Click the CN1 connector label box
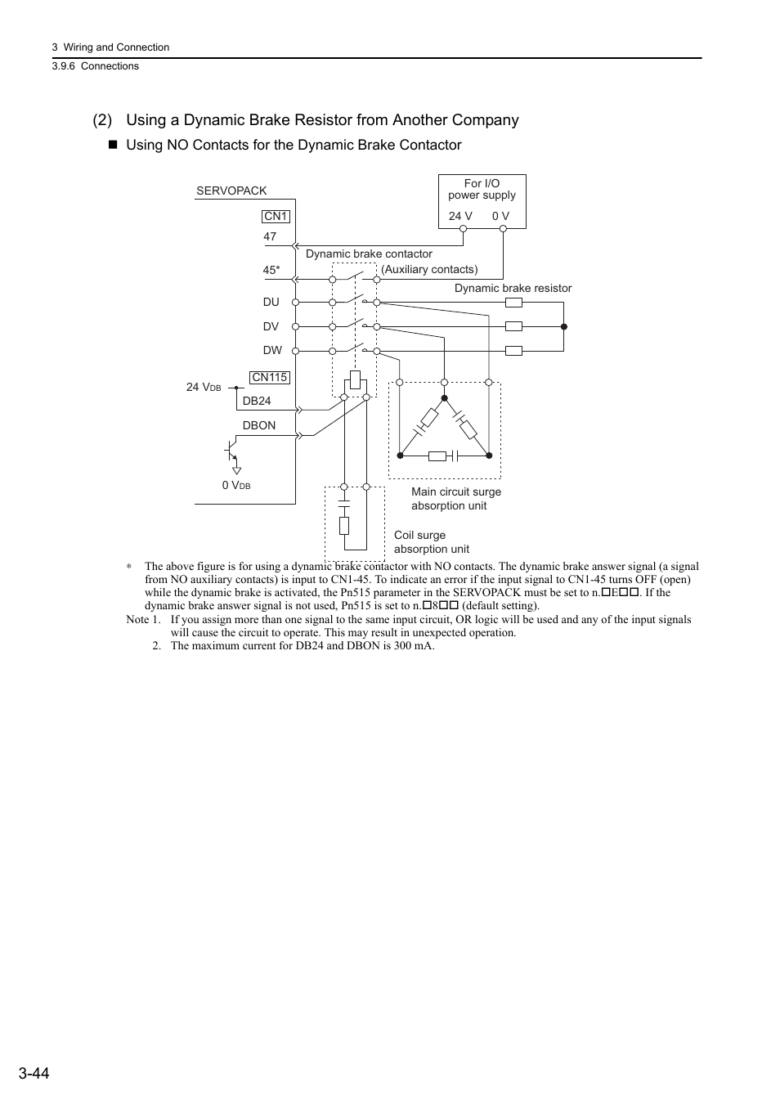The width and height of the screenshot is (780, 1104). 276,216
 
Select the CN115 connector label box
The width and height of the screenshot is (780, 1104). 270,377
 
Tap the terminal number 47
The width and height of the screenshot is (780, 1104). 270,236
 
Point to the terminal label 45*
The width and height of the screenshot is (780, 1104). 271,270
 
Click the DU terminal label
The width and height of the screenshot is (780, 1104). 271,302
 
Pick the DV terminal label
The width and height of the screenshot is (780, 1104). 271,326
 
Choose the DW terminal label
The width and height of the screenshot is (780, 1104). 272,350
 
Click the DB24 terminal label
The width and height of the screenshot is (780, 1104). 257,401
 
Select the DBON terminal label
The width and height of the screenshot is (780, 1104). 259,425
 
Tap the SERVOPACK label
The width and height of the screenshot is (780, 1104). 231,191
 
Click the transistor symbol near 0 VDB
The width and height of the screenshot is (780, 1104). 231,452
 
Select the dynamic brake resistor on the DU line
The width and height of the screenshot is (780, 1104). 513,302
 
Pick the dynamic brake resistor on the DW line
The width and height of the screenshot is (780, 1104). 513,351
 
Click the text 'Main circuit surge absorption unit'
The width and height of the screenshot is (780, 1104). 455,498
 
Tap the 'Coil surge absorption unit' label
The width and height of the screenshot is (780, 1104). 431,541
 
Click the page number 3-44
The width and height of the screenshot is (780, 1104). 32,1073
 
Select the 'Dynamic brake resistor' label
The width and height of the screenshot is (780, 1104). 513,288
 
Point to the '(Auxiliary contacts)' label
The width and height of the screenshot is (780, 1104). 429,269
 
